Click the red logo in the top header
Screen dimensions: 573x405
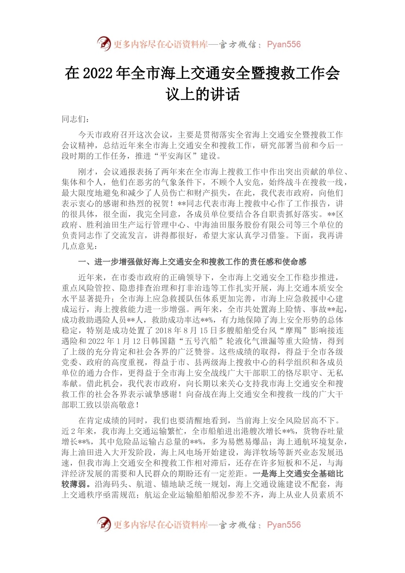tap(104, 44)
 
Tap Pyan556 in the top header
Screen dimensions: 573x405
tap(283, 44)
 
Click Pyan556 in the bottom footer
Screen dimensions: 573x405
tap(283, 525)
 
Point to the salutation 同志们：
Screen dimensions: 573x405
tap(76, 119)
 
